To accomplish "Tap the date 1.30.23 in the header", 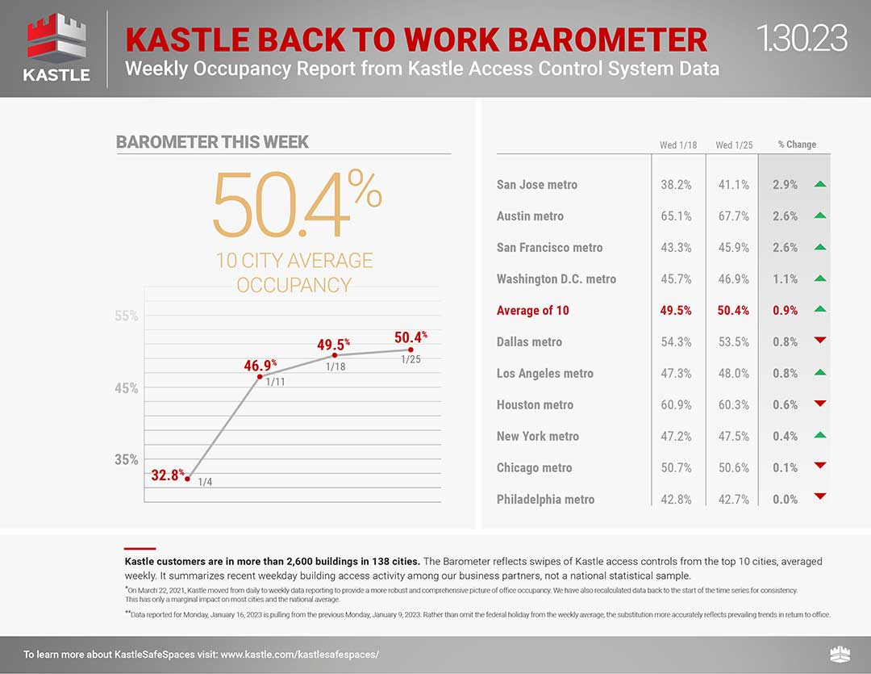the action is coord(802,39).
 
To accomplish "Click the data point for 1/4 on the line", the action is coord(188,479).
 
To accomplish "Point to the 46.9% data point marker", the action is coord(260,377).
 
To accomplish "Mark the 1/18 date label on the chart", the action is coord(335,367).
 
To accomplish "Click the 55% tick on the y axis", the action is coord(126,316).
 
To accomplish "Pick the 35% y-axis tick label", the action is coord(126,459).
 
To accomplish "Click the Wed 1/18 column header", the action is coord(677,145).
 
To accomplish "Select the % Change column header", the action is coord(797,144).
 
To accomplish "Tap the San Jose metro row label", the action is coord(536,185).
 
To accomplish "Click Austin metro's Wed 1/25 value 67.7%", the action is coord(733,216).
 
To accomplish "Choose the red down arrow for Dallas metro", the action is coord(820,340).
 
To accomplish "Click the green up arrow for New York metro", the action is coord(820,435).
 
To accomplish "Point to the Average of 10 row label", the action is coord(533,310).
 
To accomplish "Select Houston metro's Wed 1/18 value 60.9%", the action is coord(676,405).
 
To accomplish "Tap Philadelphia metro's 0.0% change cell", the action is coord(785,500).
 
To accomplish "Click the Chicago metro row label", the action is coord(534,468).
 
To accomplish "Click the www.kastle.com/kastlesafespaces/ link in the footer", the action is coord(299,655).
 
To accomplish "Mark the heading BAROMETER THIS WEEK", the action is coord(212,142).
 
